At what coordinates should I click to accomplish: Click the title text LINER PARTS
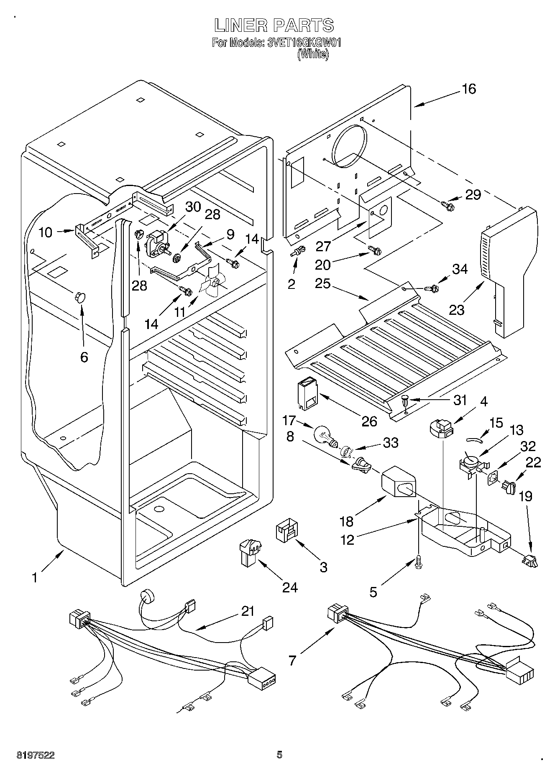click(274, 26)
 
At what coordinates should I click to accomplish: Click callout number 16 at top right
click(469, 89)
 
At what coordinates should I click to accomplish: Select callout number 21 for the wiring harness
click(248, 611)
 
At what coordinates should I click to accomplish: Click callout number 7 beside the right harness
click(292, 660)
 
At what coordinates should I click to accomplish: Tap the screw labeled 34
click(432, 288)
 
